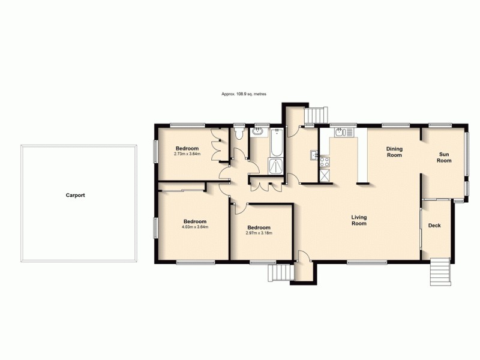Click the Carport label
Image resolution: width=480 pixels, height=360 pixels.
click(76, 195)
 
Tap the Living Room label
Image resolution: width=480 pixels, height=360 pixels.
click(359, 220)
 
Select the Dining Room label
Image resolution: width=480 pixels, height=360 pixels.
click(394, 151)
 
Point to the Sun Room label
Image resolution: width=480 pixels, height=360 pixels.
click(443, 157)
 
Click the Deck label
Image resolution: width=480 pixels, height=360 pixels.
click(434, 226)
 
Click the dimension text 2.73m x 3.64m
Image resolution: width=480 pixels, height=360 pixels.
click(187, 154)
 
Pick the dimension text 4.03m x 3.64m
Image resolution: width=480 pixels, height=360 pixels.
click(195, 227)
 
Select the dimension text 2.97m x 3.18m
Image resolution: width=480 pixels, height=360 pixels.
click(259, 233)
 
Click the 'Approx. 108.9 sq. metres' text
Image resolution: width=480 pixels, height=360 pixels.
click(244, 94)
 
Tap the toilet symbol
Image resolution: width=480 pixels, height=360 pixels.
click(239, 132)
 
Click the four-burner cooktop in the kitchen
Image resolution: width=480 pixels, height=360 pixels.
click(325, 161)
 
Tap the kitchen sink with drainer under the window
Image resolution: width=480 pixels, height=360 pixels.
click(343, 132)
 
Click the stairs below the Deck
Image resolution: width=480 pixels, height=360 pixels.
click(440, 272)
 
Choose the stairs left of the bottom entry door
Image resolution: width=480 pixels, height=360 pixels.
click(280, 273)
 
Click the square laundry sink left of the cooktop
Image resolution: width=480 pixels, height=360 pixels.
click(313, 156)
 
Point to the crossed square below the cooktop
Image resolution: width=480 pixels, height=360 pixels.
click(325, 176)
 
